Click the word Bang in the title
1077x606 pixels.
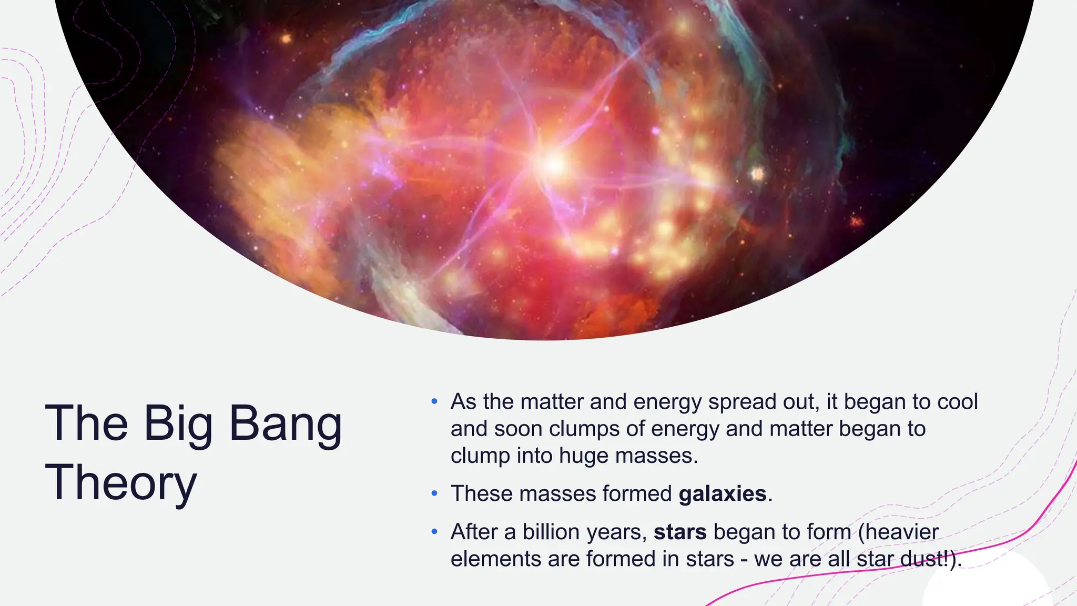pyautogui.click(x=286, y=424)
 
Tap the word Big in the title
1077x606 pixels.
pyautogui.click(x=178, y=424)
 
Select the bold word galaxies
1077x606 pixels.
pyautogui.click(x=723, y=494)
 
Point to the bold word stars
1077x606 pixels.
pyautogui.click(x=680, y=532)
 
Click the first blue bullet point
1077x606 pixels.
pyautogui.click(x=434, y=402)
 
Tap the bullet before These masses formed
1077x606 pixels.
pyautogui.click(x=434, y=493)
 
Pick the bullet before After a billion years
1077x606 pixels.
pyautogui.click(x=434, y=532)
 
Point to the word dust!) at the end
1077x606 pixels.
pyautogui.click(x=931, y=559)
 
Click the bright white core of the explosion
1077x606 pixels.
pyautogui.click(x=553, y=165)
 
